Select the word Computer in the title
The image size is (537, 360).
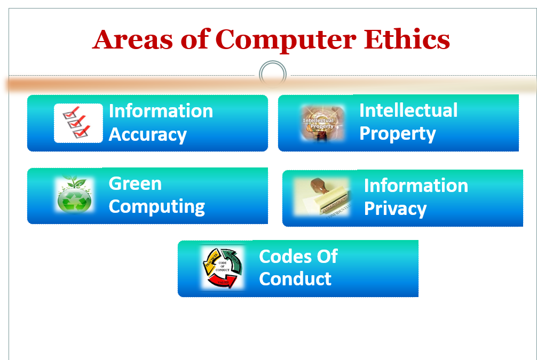pos(286,41)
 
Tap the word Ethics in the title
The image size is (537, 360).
pos(407,39)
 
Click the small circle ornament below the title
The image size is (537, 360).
pos(273,74)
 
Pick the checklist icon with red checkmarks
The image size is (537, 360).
pos(78,123)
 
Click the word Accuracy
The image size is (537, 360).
pos(148,134)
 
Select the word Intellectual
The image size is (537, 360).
pos(408,110)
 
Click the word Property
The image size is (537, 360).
pos(398,133)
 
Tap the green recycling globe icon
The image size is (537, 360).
pos(75,195)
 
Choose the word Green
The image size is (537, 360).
pos(135,183)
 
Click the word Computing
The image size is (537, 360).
pos(157,206)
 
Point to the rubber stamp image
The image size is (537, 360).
pos(322,197)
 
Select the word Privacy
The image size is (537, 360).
pos(395,209)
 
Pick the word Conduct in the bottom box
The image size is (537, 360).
pos(295,278)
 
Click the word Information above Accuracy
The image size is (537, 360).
pos(161,111)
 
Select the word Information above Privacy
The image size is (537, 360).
pos(416,186)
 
